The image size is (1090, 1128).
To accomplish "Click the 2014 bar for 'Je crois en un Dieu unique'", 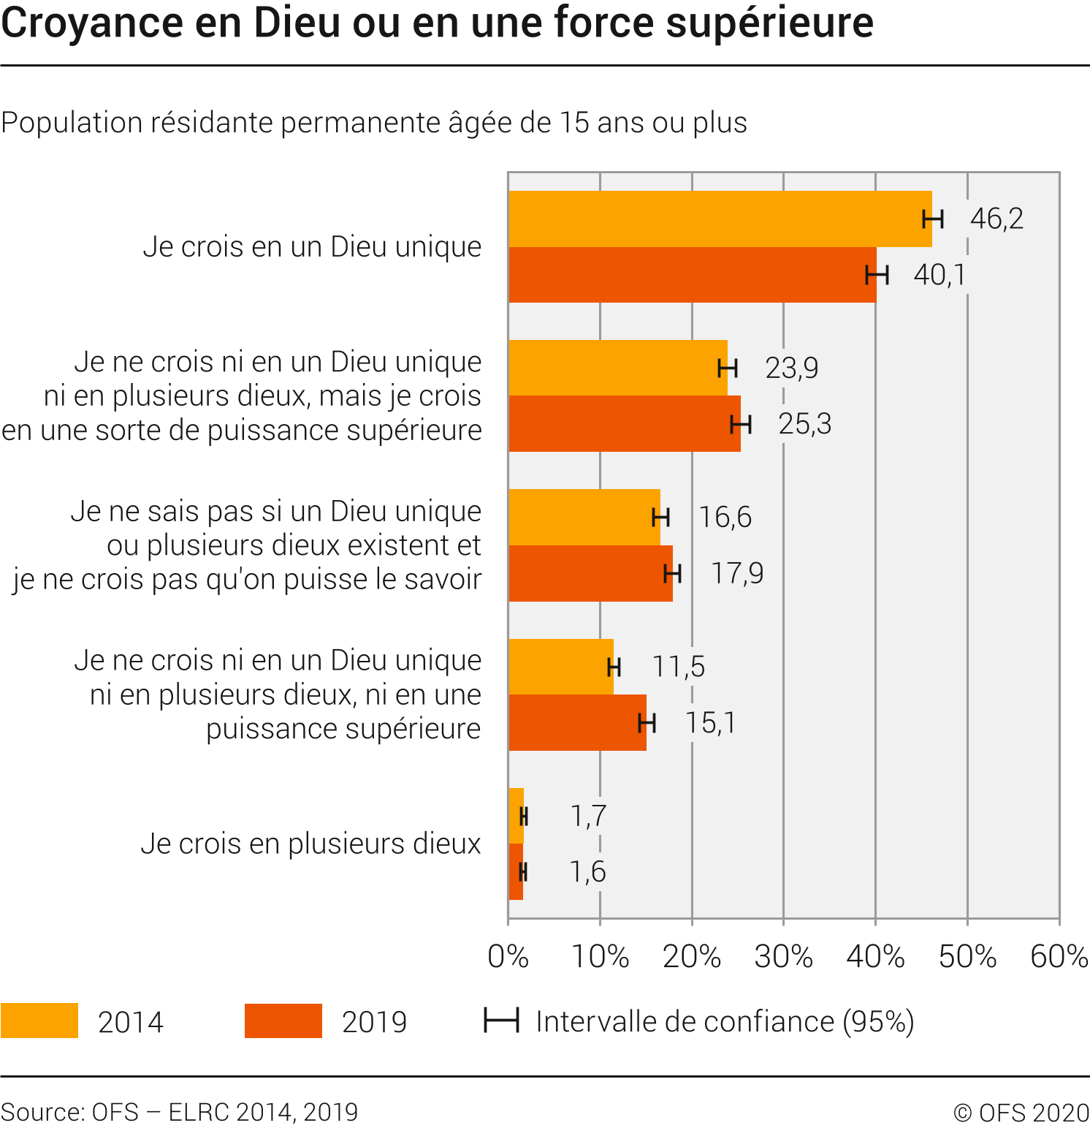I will [x=720, y=219].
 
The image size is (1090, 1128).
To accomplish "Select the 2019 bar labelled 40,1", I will [x=692, y=275].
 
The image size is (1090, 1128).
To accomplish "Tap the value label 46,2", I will [x=996, y=219].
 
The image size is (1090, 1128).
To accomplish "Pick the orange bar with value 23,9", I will [x=617, y=368].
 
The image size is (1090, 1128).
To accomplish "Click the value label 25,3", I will [x=804, y=424].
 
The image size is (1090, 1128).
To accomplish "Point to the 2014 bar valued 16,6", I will [x=584, y=517].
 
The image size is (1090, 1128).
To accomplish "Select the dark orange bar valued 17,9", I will [x=590, y=573].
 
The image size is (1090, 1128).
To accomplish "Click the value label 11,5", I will [x=678, y=667].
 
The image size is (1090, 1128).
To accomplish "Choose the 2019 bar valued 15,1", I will [x=577, y=722].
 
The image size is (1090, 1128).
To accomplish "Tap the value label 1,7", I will [x=588, y=816].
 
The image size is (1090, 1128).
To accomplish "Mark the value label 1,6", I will [x=587, y=871].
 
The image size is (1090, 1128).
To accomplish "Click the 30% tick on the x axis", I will [x=783, y=956].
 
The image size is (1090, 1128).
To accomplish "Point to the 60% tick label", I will [x=1059, y=956].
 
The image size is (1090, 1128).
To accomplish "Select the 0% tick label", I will [x=508, y=956].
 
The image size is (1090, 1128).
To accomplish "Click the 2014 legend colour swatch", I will [x=39, y=1021].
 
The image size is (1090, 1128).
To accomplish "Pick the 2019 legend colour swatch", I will [x=283, y=1021].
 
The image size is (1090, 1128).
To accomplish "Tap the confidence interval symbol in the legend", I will [x=501, y=1020].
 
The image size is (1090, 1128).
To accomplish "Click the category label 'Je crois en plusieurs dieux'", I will [x=310, y=844].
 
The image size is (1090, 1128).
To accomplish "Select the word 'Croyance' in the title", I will [x=92, y=22].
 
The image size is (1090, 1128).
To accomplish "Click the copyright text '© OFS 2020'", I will [x=1021, y=1113].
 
